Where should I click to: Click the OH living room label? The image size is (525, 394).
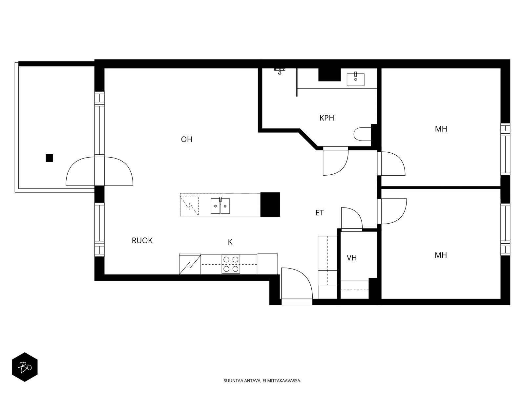click(x=187, y=139)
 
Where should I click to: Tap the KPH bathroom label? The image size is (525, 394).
click(x=327, y=118)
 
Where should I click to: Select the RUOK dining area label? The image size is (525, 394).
click(x=142, y=240)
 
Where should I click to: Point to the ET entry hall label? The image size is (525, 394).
click(x=320, y=213)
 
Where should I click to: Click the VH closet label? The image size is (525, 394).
click(x=352, y=258)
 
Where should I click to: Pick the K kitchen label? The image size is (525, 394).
click(x=230, y=242)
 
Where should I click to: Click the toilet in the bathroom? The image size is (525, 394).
click(x=362, y=134)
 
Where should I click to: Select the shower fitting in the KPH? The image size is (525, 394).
click(x=280, y=71)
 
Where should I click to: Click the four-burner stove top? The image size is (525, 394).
click(x=231, y=264)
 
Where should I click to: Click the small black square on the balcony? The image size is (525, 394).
click(x=49, y=158)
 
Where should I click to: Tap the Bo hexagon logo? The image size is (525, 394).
click(x=25, y=367)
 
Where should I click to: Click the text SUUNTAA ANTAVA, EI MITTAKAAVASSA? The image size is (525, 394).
click(x=262, y=381)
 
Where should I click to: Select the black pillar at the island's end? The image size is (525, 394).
click(x=270, y=205)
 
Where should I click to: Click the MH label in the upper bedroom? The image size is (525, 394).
click(x=441, y=129)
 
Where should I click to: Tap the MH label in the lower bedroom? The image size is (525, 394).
click(x=441, y=255)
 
